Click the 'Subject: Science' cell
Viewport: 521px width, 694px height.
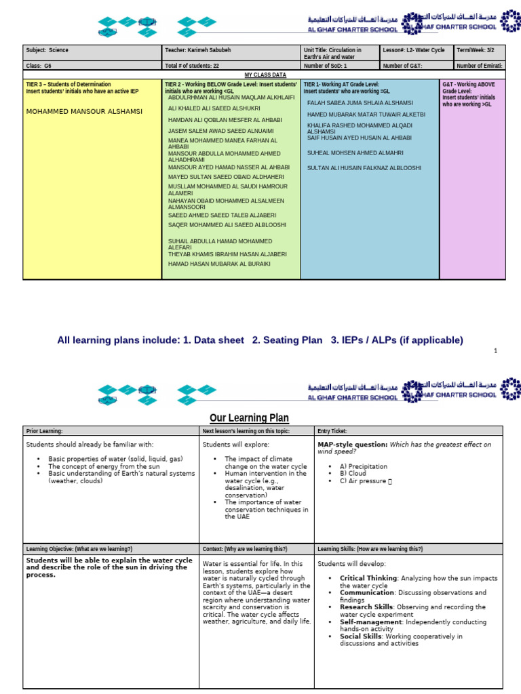click(x=47, y=50)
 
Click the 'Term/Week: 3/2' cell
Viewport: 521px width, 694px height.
click(x=479, y=50)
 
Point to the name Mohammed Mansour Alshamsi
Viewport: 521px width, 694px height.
click(x=84, y=111)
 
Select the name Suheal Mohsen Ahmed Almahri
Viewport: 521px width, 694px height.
click(x=355, y=153)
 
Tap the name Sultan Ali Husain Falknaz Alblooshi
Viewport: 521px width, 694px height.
click(x=364, y=167)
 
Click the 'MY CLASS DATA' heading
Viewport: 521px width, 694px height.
click(x=265, y=74)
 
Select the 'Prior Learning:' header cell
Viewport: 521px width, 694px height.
click(x=44, y=431)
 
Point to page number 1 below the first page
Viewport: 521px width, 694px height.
click(x=496, y=350)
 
